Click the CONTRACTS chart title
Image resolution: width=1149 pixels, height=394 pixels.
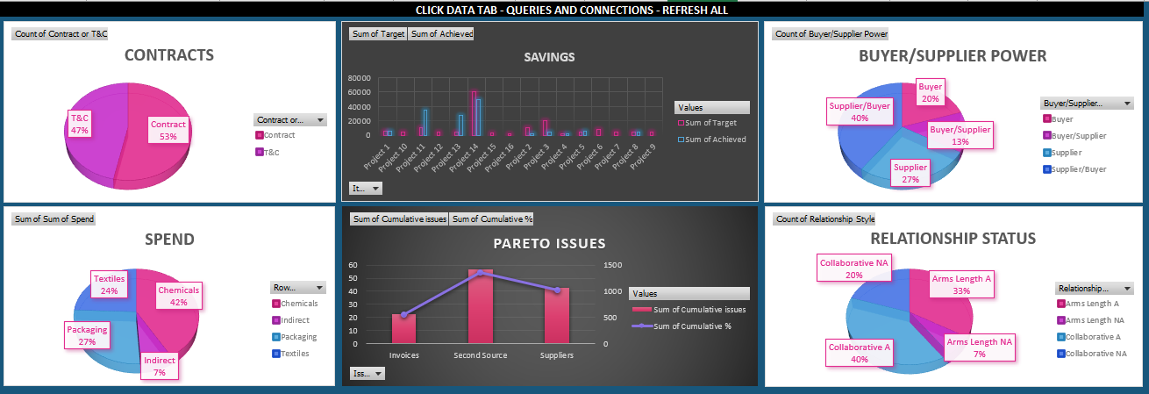pos(169,55)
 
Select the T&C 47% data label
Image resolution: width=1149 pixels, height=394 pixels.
pos(81,124)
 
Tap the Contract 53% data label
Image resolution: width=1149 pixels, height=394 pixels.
pos(168,130)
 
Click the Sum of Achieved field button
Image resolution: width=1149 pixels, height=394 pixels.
pos(442,34)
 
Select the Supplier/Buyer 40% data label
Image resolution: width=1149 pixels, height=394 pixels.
pos(860,111)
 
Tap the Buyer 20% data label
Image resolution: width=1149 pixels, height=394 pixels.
pos(930,93)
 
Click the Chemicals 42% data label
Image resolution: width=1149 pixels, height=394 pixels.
pos(179,296)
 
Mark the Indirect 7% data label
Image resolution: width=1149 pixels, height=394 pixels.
pos(160,366)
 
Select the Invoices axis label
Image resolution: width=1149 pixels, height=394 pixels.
pos(403,355)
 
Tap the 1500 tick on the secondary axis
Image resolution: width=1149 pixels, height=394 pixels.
pos(613,265)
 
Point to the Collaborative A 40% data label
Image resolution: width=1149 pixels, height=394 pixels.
pos(860,353)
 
